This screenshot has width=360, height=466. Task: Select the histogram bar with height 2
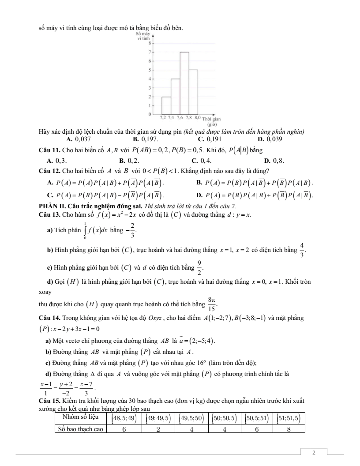click(x=166, y=105)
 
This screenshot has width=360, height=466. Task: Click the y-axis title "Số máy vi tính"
click(x=144, y=36)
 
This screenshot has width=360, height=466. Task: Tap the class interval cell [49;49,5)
click(x=157, y=417)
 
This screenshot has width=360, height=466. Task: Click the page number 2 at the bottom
click(x=314, y=453)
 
